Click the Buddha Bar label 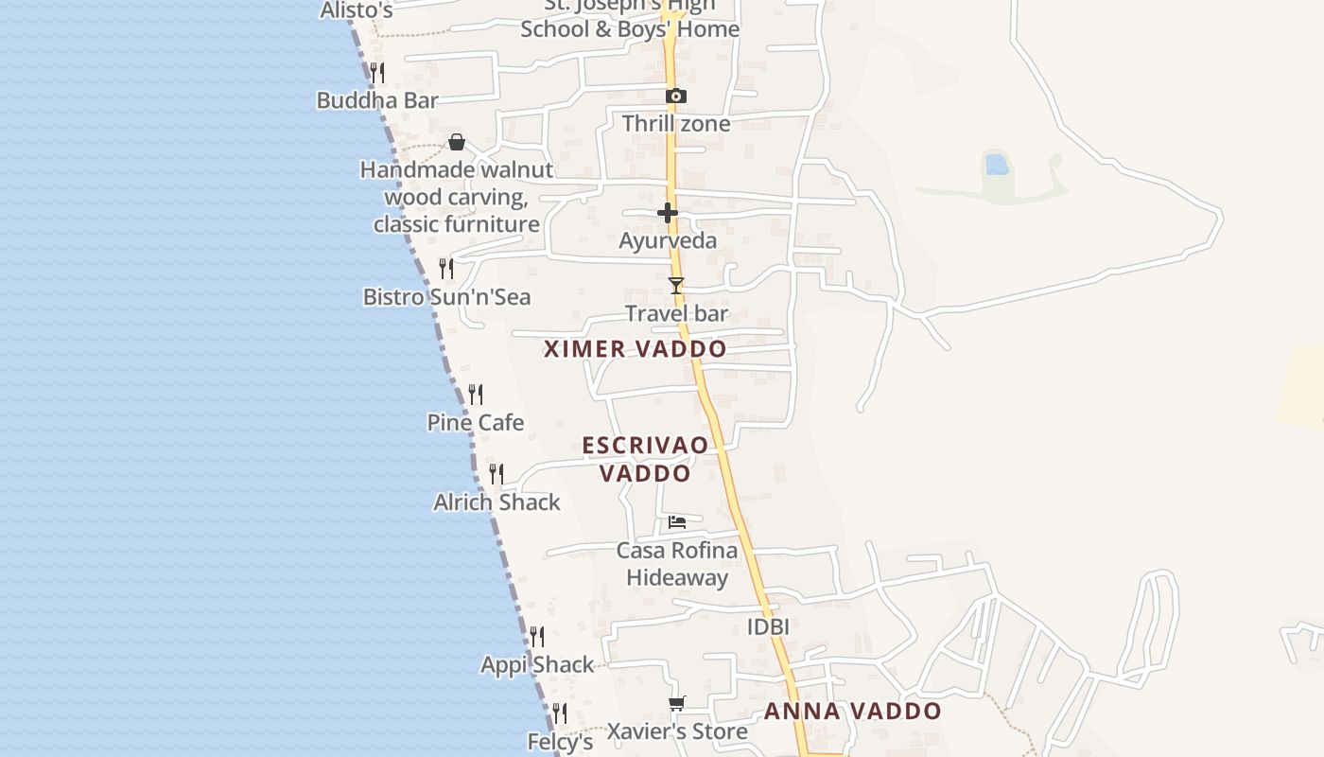376,100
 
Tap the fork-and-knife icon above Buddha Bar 376,72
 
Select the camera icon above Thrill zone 675,96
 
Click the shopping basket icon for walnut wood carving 457,142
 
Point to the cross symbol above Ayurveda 668,213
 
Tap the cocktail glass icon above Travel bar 675,285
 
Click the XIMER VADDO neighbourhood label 635,349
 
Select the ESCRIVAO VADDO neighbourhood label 645,459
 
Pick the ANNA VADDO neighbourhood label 852,712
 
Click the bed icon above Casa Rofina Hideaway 677,521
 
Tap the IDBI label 768,626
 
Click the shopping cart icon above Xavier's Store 676,703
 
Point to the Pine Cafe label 475,422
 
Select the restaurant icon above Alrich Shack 496,473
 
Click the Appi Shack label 537,665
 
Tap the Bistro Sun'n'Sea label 446,297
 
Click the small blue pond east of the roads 996,165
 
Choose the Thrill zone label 675,124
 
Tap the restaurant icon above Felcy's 560,713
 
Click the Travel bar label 676,313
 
